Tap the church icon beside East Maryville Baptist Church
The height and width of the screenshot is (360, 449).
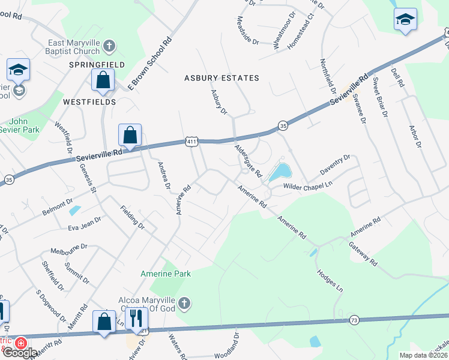tap(108, 46)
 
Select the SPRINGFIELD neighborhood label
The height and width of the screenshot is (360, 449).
tap(97, 64)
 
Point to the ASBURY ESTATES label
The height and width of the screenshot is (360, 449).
tap(221, 78)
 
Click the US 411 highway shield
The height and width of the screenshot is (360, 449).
tap(191, 142)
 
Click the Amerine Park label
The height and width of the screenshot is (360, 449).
tap(165, 274)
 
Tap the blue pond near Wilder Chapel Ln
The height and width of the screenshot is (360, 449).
tap(280, 173)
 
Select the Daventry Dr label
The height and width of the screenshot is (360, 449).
tap(334, 165)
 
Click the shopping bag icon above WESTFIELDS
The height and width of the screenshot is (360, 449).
tap(103, 80)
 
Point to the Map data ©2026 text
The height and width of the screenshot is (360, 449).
tap(423, 355)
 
